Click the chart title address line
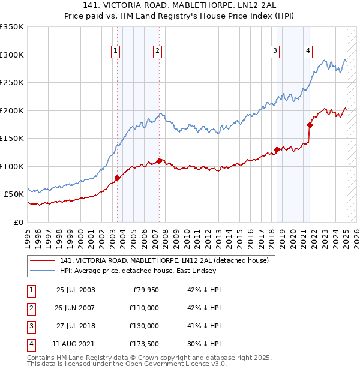pos(179,7)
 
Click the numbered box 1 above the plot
pos(115,51)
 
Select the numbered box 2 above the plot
pos(157,51)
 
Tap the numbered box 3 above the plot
pos(275,51)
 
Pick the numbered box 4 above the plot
pos(308,51)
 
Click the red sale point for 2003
pos(118,178)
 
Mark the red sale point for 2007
pos(159,161)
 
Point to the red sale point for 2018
pos(277,149)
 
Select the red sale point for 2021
pos(310,125)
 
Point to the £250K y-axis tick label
pos(12,83)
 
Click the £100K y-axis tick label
pos(12,166)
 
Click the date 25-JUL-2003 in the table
pos(75,290)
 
